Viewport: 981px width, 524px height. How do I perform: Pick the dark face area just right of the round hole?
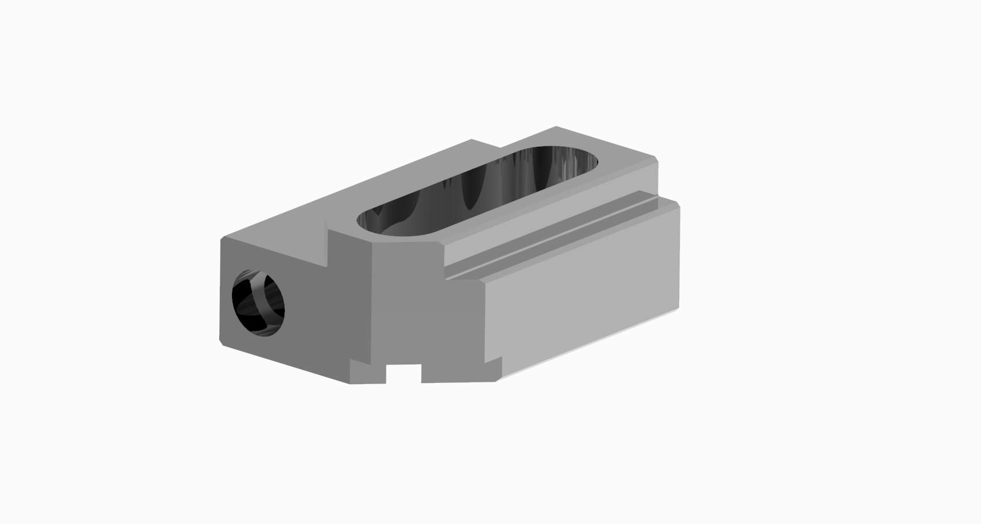pos(307,308)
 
